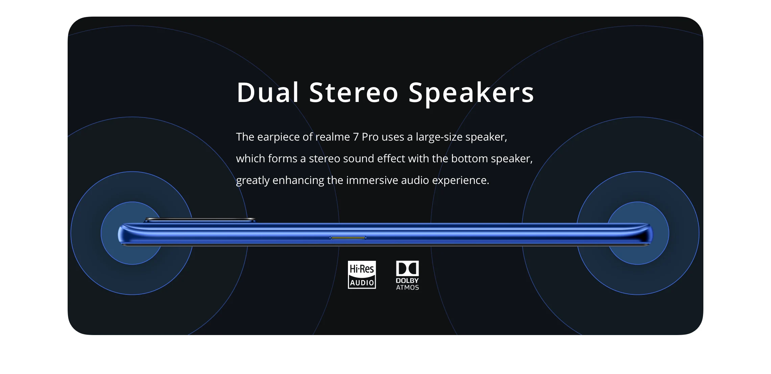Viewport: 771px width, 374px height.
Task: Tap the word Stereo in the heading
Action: tap(354, 92)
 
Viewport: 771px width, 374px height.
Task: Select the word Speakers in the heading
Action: tap(471, 93)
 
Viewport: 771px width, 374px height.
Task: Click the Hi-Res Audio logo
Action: tap(362, 275)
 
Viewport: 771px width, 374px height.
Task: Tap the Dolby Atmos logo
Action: tap(407, 275)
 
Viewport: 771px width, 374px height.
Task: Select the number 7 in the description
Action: tap(356, 137)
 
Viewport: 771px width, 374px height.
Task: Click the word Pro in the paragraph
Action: tap(370, 137)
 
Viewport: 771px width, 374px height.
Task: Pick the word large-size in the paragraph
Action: tap(439, 137)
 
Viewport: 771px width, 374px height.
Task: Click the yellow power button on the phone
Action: tap(348, 238)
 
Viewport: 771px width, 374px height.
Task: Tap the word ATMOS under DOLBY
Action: tap(407, 288)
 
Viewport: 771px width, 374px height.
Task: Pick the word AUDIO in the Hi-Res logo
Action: tap(362, 283)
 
